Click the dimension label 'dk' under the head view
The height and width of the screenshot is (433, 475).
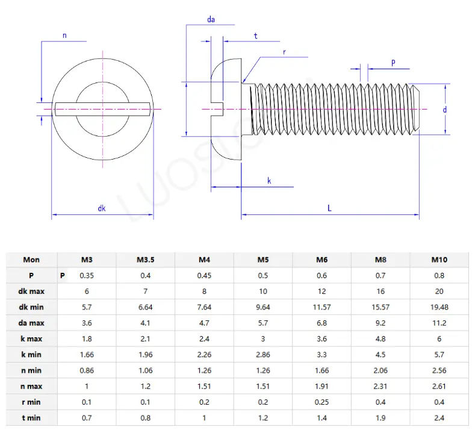coord(102,208)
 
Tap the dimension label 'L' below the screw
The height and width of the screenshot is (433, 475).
coord(330,208)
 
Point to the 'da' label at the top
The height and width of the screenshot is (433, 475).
coord(211,20)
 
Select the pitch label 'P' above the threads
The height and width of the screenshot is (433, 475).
coord(393,62)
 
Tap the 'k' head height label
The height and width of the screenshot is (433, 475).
coord(269,181)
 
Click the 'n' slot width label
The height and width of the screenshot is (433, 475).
coord(64,36)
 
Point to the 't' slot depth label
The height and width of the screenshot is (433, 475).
coord(256,36)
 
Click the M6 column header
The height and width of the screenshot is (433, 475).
coord(322,260)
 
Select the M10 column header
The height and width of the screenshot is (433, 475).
coord(439,260)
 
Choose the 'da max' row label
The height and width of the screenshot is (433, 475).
coord(31,323)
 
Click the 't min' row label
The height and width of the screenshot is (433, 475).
coord(31,417)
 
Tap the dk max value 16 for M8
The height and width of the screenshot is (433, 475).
coord(380,291)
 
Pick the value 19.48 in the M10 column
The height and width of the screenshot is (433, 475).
coord(439,307)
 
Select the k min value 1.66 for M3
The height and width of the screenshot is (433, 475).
coord(87,354)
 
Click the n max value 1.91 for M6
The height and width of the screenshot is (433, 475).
coord(322,385)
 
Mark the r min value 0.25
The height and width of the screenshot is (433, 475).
coord(322,402)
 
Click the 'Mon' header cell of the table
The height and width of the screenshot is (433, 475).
coord(31,260)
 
